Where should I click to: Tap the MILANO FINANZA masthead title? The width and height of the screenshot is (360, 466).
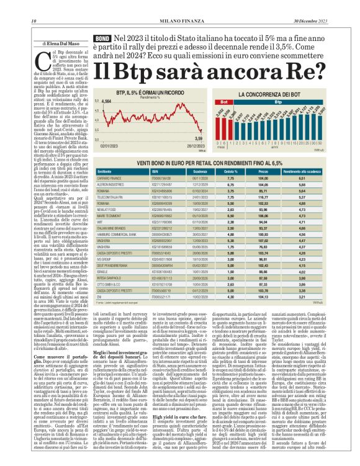(x=179, y=6)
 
